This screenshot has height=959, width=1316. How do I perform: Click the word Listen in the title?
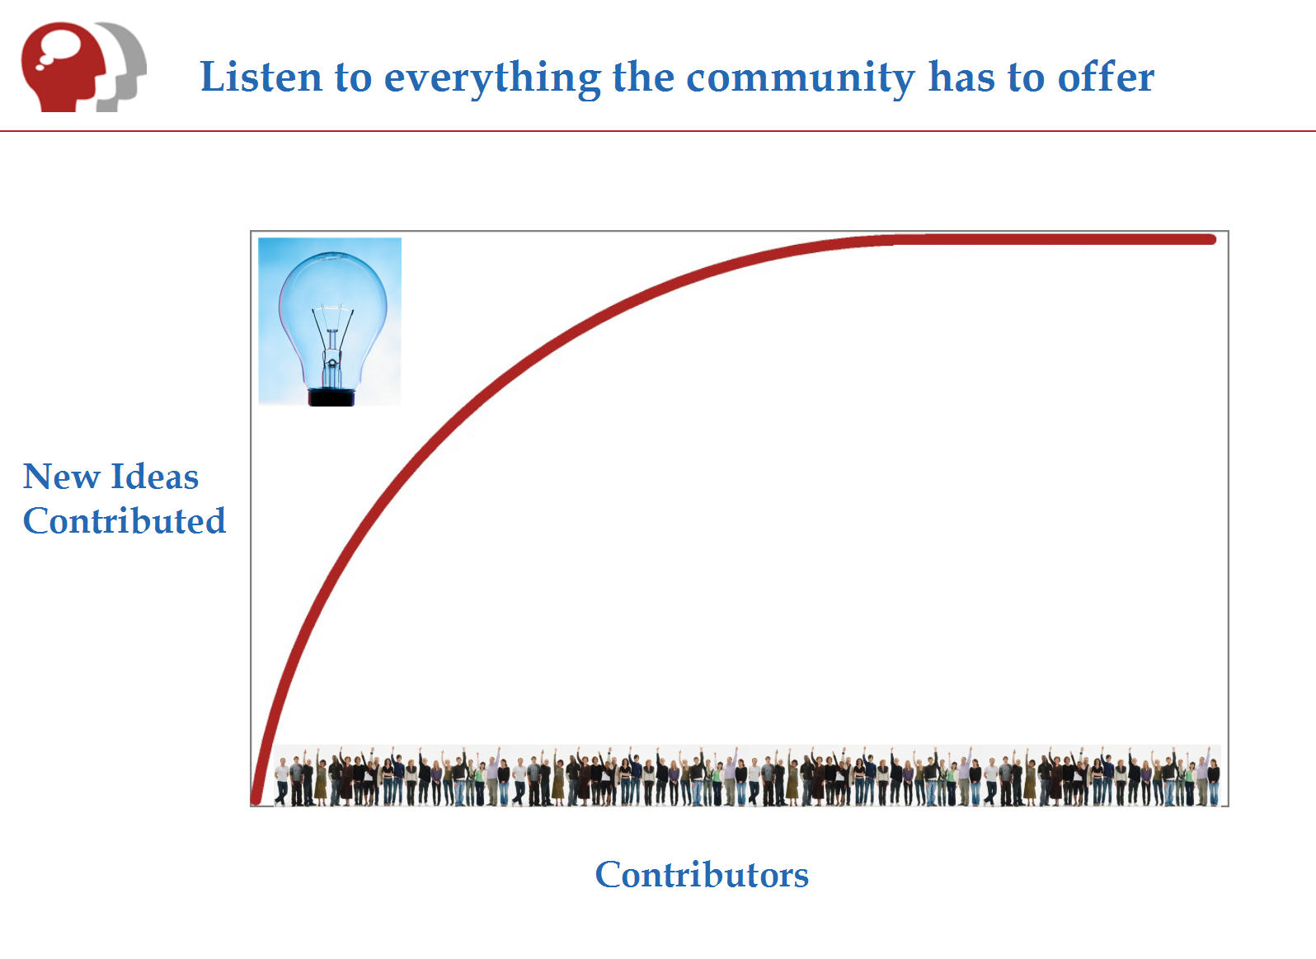[x=261, y=77]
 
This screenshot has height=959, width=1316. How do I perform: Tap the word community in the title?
[x=800, y=78]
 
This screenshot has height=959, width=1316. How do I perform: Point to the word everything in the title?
[x=492, y=78]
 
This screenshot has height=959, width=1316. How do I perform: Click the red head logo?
[x=63, y=67]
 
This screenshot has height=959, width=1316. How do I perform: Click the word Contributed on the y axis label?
[x=124, y=520]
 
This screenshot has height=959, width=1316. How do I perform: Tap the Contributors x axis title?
[x=702, y=875]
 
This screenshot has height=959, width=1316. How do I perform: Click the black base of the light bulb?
[x=331, y=397]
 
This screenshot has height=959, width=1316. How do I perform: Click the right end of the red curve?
[x=1211, y=239]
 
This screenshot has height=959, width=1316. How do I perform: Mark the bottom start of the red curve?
[x=256, y=800]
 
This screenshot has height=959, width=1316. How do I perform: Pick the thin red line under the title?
[x=658, y=131]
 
